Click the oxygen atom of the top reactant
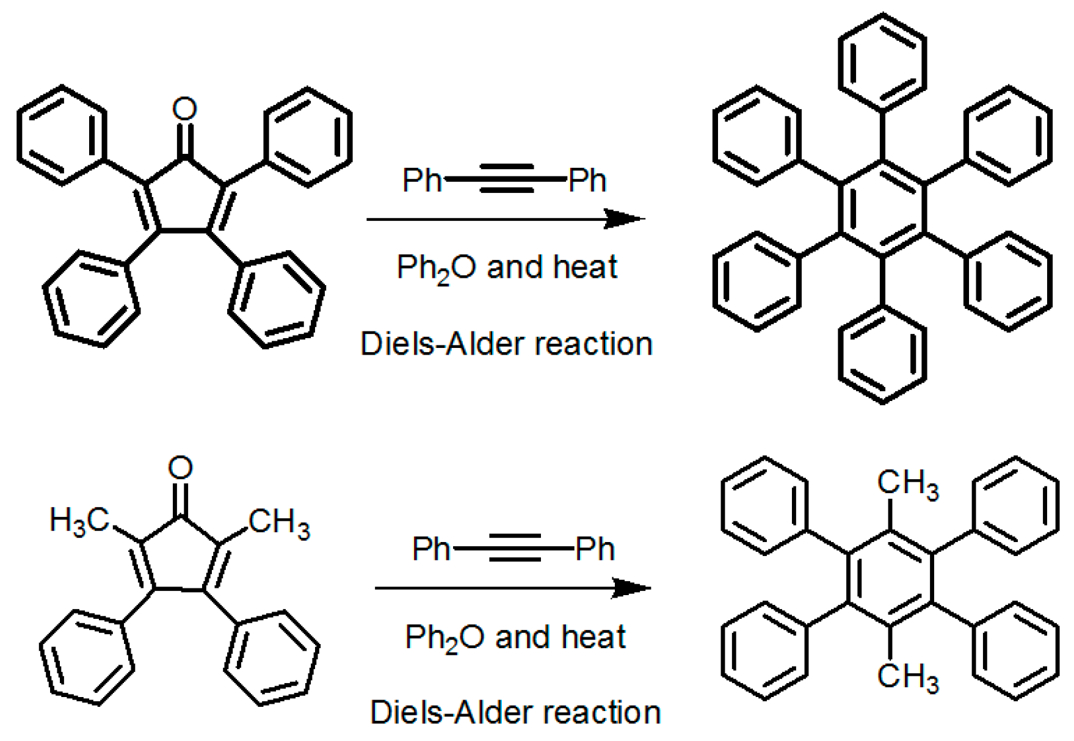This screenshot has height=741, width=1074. pos(184,109)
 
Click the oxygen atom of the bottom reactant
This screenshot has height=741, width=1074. pos(180,468)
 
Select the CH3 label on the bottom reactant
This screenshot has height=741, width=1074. pos(280,522)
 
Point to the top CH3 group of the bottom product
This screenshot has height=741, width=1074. pos(907,483)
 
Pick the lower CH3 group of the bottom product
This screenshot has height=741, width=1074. pos(907,676)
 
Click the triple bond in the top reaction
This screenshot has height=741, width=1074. pos(506,179)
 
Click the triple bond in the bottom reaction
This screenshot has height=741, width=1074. pos(514,548)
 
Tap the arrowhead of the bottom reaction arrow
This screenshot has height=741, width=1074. pos(631,588)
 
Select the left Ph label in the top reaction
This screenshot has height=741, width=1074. pos(422,180)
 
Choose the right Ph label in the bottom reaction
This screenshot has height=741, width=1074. pos(595,549)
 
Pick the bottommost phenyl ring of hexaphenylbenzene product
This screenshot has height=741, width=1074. pos(882,354)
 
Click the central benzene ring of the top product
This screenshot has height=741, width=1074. pos(882,208)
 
